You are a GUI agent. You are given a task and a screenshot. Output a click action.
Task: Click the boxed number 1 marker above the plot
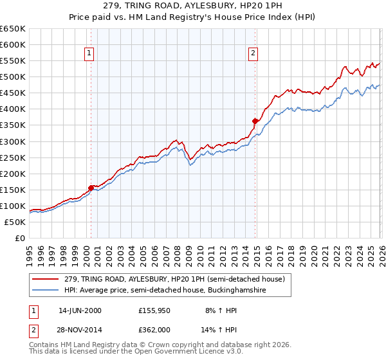pyautogui.click(x=89, y=53)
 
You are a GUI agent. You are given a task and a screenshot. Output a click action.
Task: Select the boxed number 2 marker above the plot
pyautogui.click(x=253, y=53)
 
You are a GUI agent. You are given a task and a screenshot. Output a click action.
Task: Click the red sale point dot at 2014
pyautogui.click(x=255, y=121)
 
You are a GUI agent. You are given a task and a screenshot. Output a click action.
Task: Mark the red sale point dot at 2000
pyautogui.click(x=91, y=188)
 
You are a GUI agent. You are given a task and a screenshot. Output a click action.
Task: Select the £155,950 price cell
pyautogui.click(x=154, y=310)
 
